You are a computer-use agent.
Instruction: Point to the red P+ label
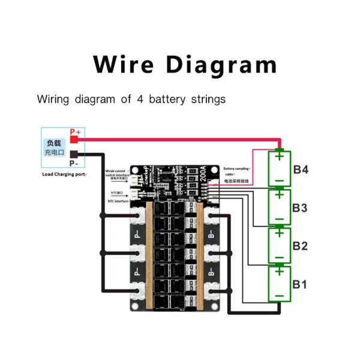(75, 131)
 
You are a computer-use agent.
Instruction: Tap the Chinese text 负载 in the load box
(54, 143)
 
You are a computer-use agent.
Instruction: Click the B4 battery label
(301, 170)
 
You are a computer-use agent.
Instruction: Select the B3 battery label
(301, 208)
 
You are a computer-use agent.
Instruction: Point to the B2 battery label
(301, 246)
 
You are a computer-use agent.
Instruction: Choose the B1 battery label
(301, 284)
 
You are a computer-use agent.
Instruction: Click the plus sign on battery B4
(279, 157)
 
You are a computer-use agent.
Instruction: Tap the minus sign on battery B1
(279, 295)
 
